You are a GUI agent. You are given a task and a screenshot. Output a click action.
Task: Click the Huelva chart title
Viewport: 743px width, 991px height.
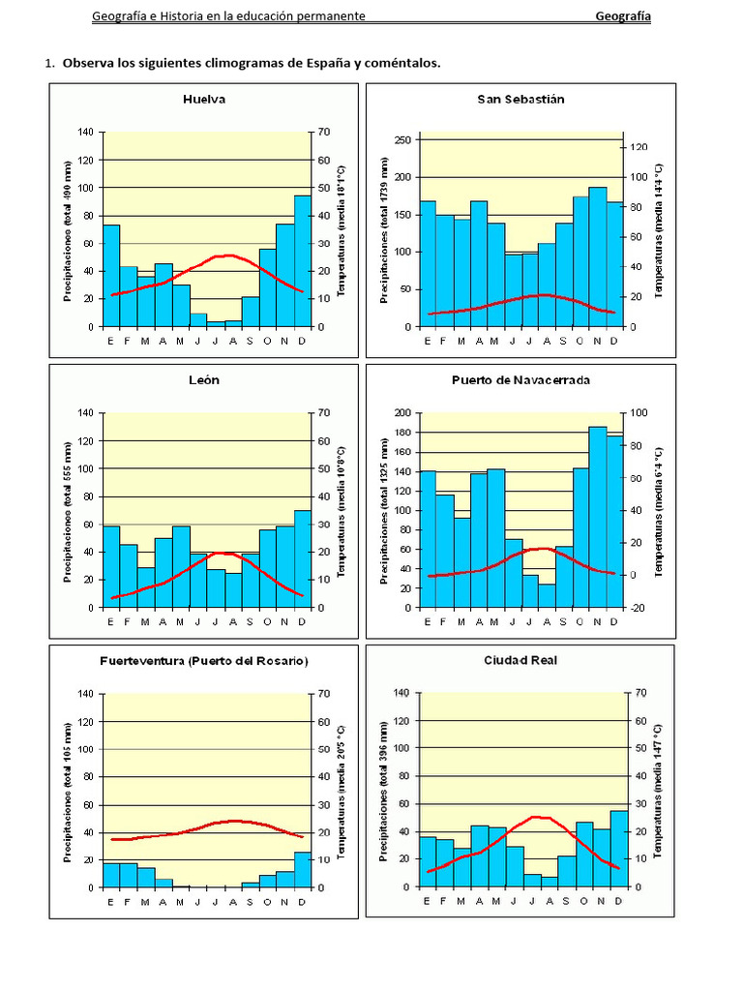pyautogui.click(x=205, y=99)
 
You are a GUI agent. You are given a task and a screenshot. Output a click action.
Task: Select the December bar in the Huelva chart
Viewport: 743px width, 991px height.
pyautogui.click(x=303, y=261)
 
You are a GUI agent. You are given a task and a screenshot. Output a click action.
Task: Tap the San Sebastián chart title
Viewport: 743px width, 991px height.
pyautogui.click(x=520, y=99)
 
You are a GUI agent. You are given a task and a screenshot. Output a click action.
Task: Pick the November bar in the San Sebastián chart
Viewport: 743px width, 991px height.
pyautogui.click(x=597, y=257)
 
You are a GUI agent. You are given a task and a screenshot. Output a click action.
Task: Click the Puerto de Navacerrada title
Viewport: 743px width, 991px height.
pyautogui.click(x=520, y=379)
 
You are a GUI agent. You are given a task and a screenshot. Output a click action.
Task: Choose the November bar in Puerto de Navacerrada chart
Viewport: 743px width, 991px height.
pyautogui.click(x=597, y=518)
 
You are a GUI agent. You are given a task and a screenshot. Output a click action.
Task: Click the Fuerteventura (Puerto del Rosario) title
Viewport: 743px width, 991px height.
pyautogui.click(x=204, y=661)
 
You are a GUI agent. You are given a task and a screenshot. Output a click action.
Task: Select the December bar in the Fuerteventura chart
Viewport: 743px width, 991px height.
pyautogui.click(x=303, y=869)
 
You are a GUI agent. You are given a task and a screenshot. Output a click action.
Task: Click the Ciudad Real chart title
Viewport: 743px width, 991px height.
pyautogui.click(x=520, y=660)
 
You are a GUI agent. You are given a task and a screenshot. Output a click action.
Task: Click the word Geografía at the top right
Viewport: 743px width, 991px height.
pyautogui.click(x=622, y=16)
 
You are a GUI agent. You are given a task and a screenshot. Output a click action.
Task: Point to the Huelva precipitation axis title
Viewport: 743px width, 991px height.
pyautogui.click(x=68, y=230)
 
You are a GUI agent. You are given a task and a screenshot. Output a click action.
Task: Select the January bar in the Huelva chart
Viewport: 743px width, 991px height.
pyautogui.click(x=111, y=276)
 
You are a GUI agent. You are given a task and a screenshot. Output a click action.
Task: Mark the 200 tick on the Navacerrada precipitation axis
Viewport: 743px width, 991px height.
pyautogui.click(x=403, y=413)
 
